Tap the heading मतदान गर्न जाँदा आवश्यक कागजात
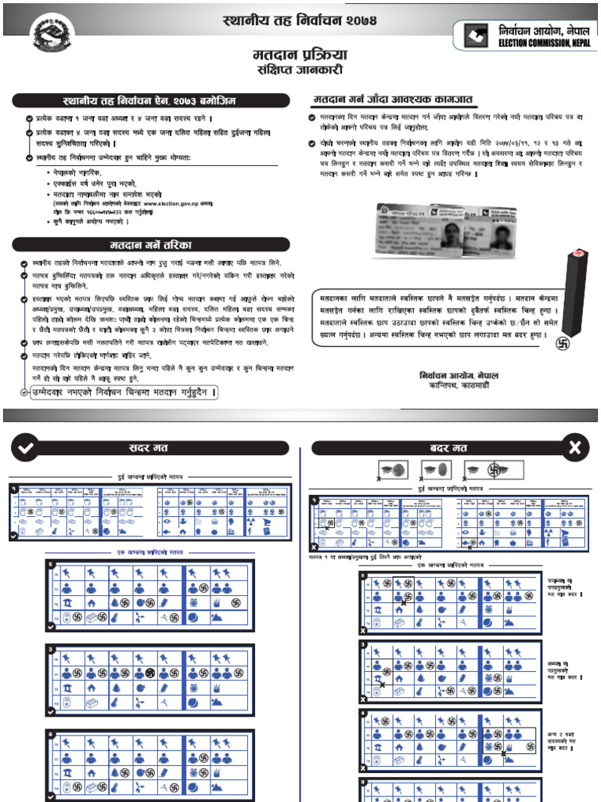(398, 100)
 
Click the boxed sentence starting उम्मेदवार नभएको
(117, 392)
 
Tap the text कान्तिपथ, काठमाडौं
(458, 385)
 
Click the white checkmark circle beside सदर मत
(26, 448)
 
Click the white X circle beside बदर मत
(575, 448)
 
